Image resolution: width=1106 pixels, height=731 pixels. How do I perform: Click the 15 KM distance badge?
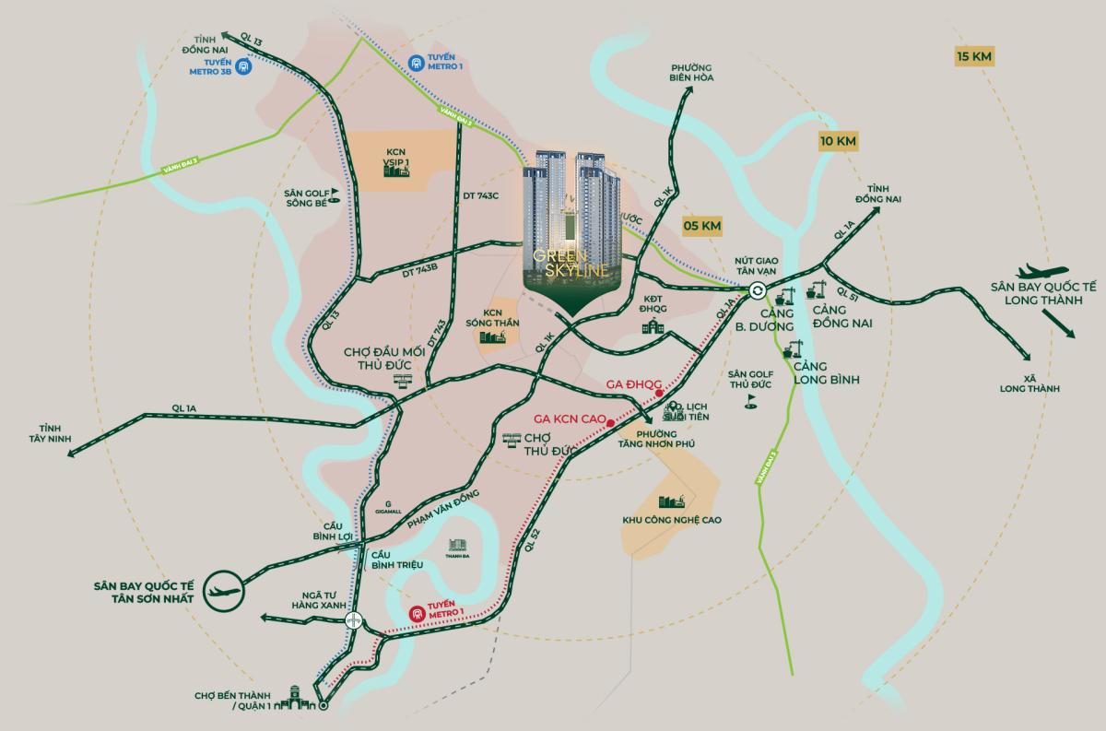click(x=974, y=56)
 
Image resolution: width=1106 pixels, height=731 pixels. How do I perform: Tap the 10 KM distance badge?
click(x=838, y=141)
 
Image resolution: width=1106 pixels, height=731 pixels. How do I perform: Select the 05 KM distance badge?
click(x=702, y=226)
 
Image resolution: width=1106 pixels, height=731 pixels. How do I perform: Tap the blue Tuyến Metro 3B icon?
click(x=243, y=66)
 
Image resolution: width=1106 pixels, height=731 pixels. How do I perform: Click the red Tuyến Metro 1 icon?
click(x=418, y=612)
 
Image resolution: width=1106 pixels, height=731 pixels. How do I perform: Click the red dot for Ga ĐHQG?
click(x=660, y=394)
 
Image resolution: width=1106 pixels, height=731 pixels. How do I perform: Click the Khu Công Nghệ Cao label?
click(x=671, y=520)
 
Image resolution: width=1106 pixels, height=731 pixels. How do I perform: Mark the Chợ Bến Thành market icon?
click(x=297, y=697)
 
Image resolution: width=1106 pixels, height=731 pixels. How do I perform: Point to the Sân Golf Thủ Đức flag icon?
click(x=750, y=401)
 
